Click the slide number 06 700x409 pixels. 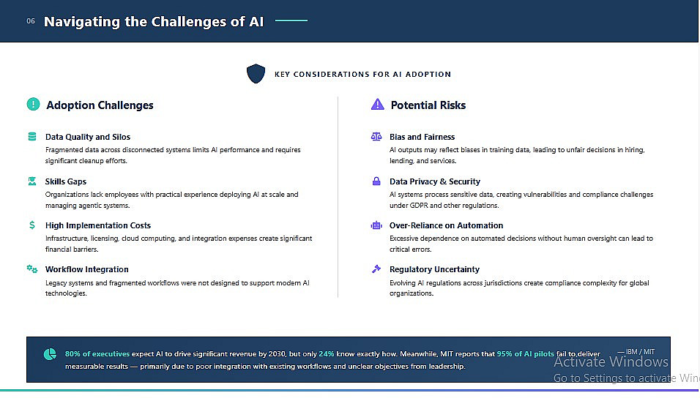coord(30,21)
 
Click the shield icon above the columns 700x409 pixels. coord(256,74)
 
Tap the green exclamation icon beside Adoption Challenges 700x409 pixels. coord(33,105)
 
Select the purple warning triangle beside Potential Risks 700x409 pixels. coord(377,105)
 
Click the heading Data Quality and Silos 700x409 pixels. coord(88,137)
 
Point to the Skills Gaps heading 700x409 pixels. coord(66,181)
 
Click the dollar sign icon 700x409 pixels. coord(32,225)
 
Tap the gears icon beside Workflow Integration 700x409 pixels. coord(31,269)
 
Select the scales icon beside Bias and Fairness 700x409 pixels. coord(376,137)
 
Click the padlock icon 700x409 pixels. coord(376,181)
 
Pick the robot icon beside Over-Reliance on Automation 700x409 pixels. coord(376,225)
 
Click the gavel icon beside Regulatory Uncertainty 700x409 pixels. coord(376,269)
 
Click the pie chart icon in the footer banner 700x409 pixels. coord(50,354)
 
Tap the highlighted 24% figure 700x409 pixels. coord(327,353)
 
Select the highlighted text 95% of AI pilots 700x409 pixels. coord(526,353)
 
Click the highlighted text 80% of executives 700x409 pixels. coord(97,353)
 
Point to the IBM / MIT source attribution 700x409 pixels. coord(636,352)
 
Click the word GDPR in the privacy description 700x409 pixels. coord(419,205)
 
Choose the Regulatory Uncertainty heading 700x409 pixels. coord(434,269)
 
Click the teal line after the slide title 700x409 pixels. coord(291,20)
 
